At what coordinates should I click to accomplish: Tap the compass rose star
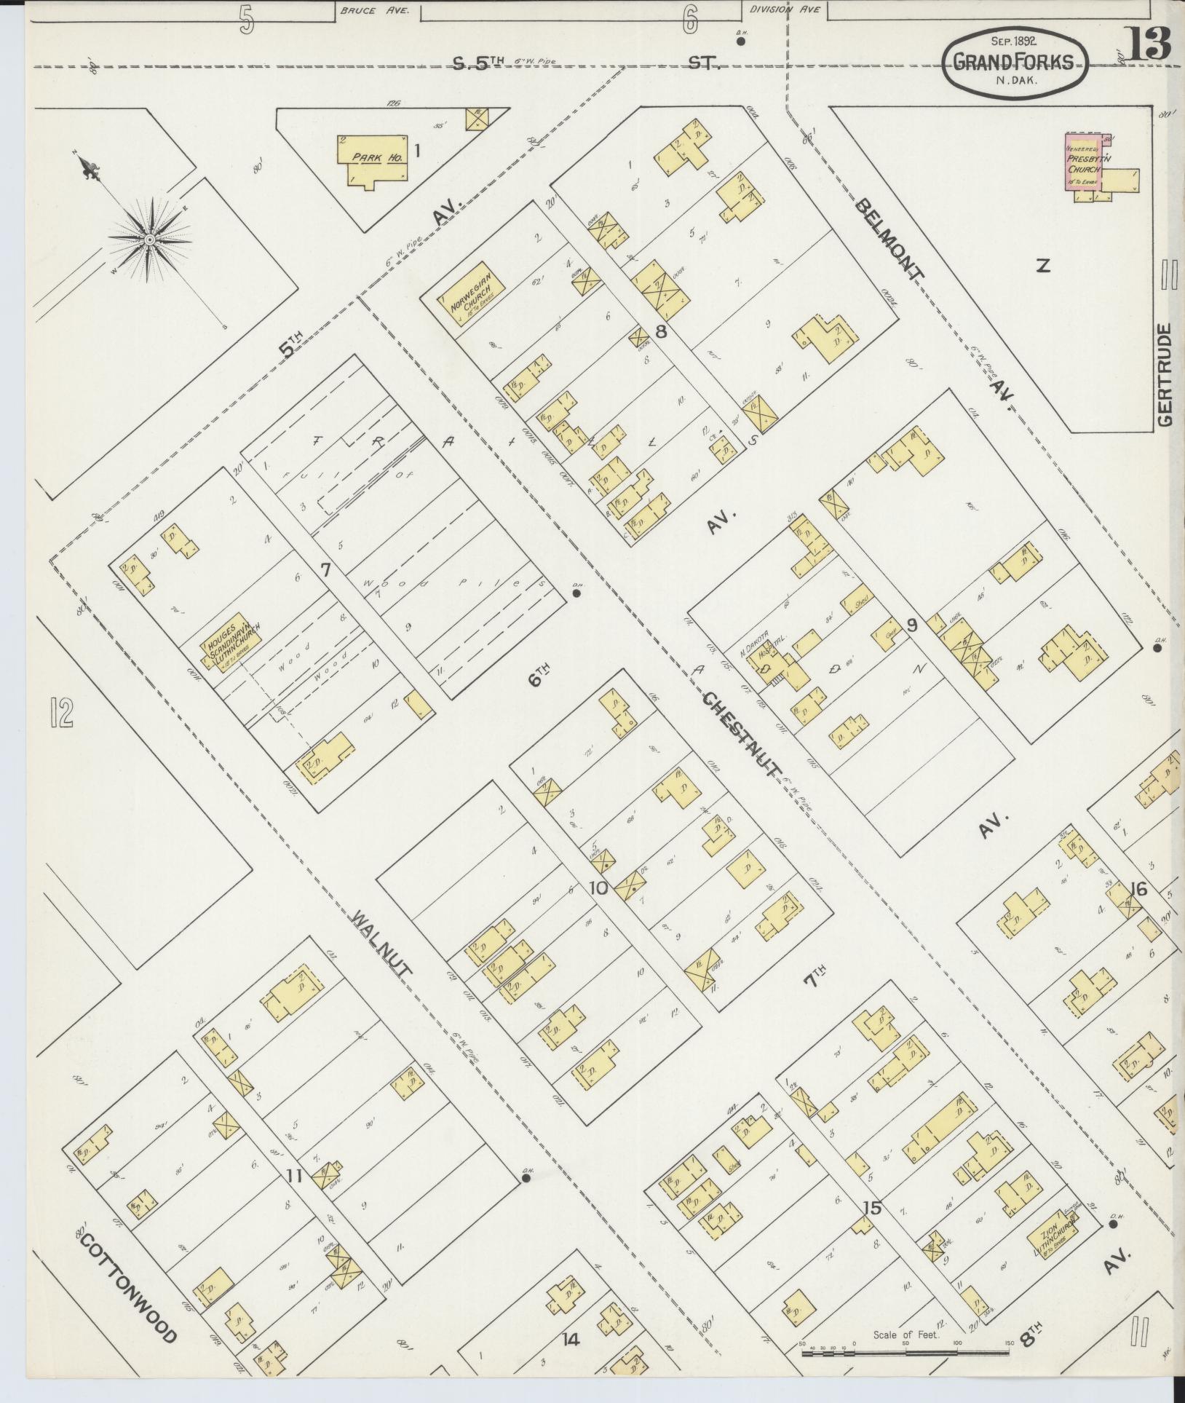[x=149, y=239]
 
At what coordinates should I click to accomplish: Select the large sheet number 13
[x=1149, y=44]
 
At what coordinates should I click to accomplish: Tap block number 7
[x=325, y=569]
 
